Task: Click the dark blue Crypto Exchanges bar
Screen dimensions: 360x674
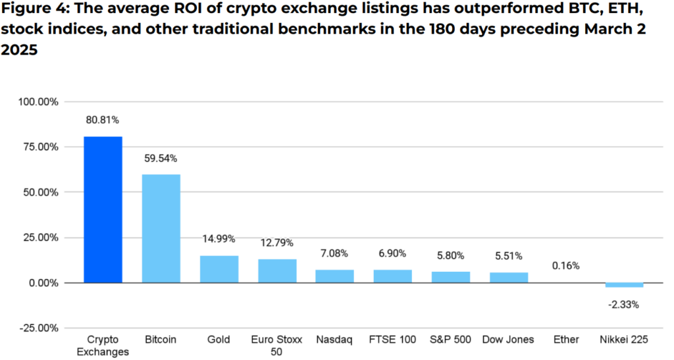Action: point(103,209)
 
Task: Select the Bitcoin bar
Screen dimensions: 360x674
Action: point(161,228)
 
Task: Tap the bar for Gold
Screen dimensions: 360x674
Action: point(219,269)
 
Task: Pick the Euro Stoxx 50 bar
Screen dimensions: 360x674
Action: point(277,270)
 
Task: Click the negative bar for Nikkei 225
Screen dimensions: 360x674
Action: point(625,285)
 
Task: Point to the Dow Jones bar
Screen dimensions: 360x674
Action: point(509,277)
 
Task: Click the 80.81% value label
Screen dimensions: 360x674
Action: point(103,120)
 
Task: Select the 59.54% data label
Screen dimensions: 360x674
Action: point(161,159)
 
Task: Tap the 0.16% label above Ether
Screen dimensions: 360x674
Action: point(567,266)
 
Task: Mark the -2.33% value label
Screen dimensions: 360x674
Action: point(625,305)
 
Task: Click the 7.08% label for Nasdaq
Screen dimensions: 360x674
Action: point(335,253)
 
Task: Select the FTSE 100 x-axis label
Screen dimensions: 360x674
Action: point(393,340)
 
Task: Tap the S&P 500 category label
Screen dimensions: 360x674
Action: point(451,340)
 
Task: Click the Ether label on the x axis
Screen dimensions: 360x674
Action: point(567,340)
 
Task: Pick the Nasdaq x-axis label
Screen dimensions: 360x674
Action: point(335,340)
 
